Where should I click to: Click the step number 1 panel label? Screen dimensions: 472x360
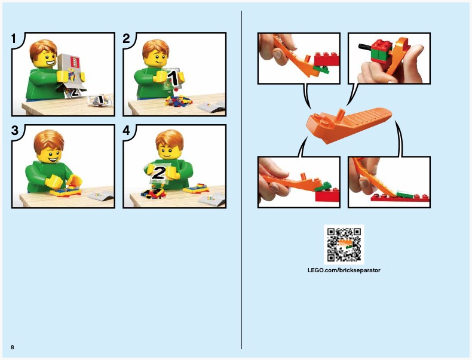14,38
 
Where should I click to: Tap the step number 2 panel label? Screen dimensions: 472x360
126,38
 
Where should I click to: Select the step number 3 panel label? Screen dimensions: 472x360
14,131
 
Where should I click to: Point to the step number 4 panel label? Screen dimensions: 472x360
127,131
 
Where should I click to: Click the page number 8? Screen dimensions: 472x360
13,347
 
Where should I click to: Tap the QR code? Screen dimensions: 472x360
344,245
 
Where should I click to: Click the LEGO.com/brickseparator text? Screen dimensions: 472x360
344,270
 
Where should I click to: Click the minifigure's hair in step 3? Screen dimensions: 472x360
49,140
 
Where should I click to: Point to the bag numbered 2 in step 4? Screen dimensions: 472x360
159,173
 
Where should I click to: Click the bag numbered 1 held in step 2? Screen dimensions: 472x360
172,79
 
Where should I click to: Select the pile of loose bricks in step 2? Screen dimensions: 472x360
179,101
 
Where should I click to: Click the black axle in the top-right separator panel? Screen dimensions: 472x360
364,47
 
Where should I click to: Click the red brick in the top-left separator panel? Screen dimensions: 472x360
327,59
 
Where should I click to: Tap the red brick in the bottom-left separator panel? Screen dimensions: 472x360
327,195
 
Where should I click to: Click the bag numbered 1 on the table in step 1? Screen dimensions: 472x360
99,100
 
